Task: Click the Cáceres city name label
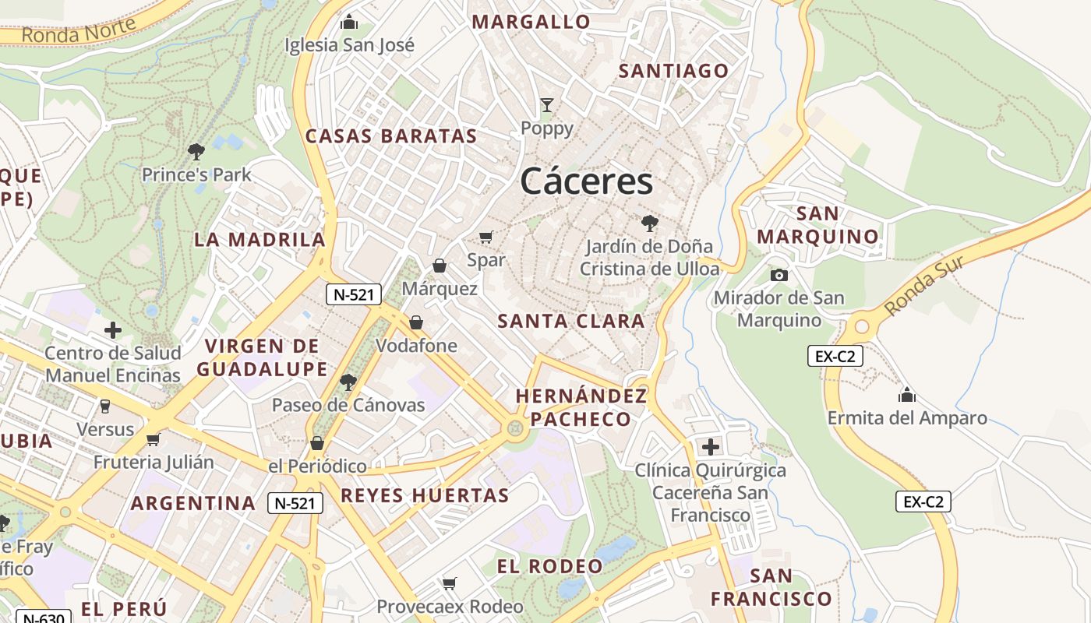pos(586,181)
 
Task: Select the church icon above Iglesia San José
pos(349,22)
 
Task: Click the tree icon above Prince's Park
pos(196,151)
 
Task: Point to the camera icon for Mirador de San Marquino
pos(779,275)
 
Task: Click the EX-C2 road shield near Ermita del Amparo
pos(835,357)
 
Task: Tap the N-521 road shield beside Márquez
pos(353,294)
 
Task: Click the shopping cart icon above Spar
pos(486,237)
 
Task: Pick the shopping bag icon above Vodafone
pos(416,322)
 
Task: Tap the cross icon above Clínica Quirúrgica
pos(710,447)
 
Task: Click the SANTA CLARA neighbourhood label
pos(571,321)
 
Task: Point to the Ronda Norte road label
pos(79,30)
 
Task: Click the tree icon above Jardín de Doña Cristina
pos(649,224)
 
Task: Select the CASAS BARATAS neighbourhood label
pos(390,136)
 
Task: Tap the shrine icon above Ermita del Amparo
pos(906,395)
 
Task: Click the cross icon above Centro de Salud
pos(113,330)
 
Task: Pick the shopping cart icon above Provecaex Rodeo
pos(450,583)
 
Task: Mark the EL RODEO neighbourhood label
pos(549,566)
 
